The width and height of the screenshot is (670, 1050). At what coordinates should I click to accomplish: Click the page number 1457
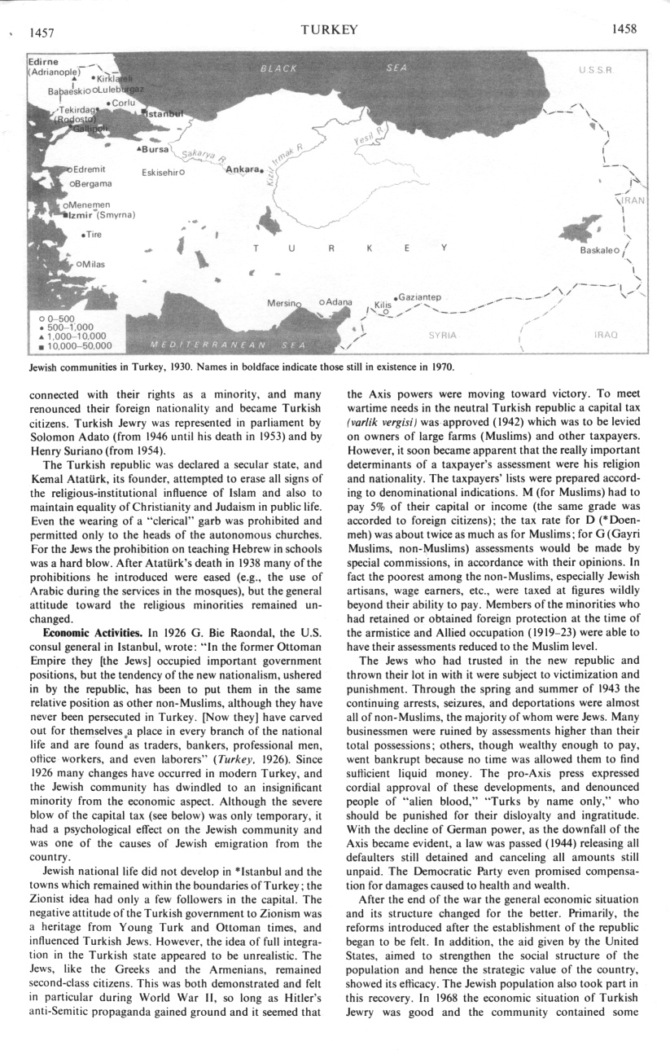(x=41, y=32)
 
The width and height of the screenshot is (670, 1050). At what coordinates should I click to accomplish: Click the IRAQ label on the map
(x=607, y=335)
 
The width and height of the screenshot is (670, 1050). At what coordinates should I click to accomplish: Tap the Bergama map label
(x=95, y=184)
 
